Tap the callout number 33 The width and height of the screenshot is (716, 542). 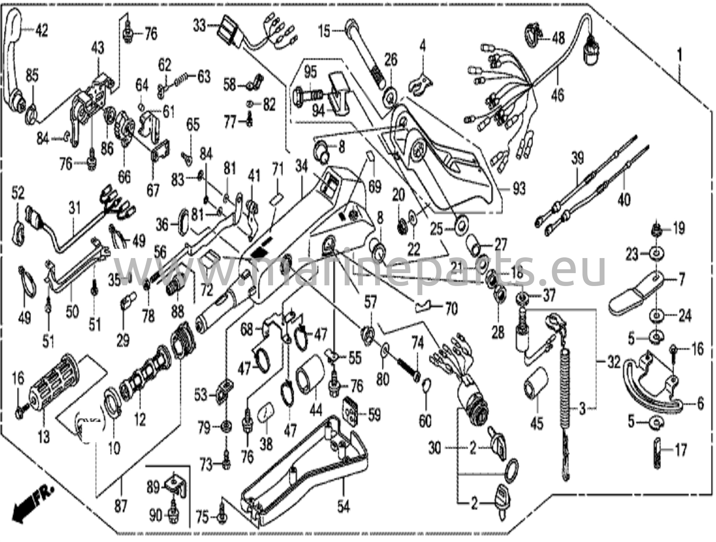[200, 26]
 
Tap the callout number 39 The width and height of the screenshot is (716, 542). [577, 158]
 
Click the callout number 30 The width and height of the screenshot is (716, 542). [435, 448]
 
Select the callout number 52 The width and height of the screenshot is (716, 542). [18, 193]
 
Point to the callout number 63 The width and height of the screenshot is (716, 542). [204, 77]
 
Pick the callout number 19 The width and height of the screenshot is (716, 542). [679, 229]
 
